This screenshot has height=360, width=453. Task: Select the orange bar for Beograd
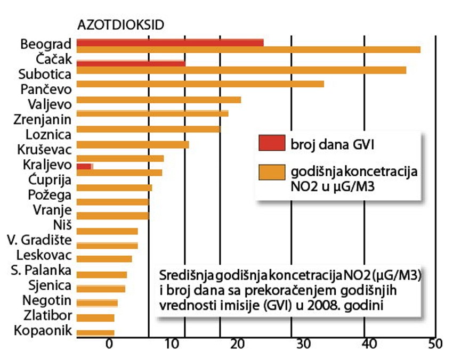coord(248,50)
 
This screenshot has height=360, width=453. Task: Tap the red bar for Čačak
coord(131,63)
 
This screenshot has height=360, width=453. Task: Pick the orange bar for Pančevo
coord(200,84)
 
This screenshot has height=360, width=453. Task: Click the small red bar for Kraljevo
coord(84,167)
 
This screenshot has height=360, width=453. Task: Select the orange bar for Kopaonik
coord(95,333)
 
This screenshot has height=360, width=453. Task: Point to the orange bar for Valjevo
coord(158,100)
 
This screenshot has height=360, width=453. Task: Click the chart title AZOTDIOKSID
coord(120,25)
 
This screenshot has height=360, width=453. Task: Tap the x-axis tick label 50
coord(435,344)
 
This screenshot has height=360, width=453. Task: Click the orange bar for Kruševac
coord(133,144)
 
